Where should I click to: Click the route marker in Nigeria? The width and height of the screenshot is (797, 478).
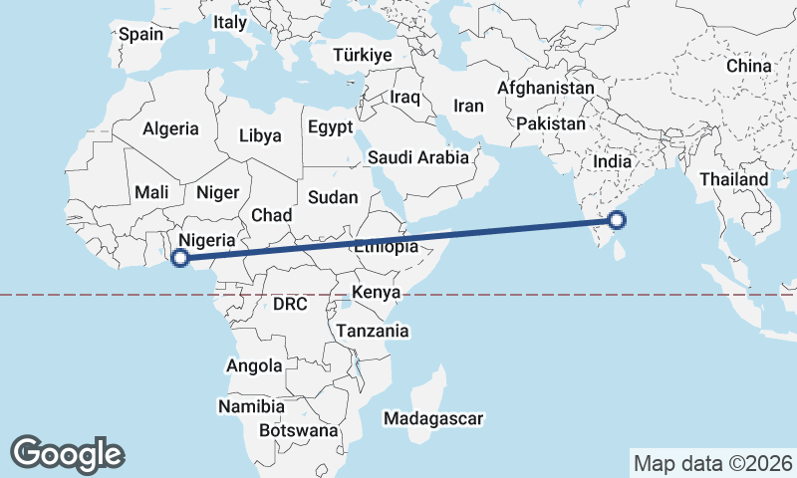[x=180, y=259]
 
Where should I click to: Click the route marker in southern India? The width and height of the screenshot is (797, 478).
[x=617, y=220]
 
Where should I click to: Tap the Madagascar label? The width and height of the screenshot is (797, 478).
[x=433, y=419]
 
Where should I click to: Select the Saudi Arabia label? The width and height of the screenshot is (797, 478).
[x=417, y=157]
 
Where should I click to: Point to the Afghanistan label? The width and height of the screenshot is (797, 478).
[x=545, y=88]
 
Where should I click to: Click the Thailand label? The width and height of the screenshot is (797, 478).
[x=734, y=179]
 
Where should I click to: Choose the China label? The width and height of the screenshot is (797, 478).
[x=749, y=66]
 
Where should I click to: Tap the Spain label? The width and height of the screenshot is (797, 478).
[x=140, y=34]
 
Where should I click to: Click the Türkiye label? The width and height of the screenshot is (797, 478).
[x=363, y=55]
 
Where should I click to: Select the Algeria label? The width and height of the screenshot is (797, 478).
[x=171, y=128]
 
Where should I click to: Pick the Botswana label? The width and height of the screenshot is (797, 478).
[x=298, y=431]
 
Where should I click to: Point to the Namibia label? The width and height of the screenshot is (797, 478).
[x=250, y=406]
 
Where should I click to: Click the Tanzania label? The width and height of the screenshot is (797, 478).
[x=373, y=330]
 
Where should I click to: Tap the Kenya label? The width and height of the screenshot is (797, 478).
[x=376, y=293]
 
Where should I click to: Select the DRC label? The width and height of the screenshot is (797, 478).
[x=292, y=302]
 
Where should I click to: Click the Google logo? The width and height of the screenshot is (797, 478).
[x=68, y=454]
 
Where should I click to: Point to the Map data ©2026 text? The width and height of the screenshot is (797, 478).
[x=713, y=463]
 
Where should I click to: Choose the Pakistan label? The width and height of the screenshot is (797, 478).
[x=551, y=123]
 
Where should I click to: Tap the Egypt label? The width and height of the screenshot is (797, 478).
[x=330, y=127]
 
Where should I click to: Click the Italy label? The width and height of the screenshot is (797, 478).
[x=230, y=21]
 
